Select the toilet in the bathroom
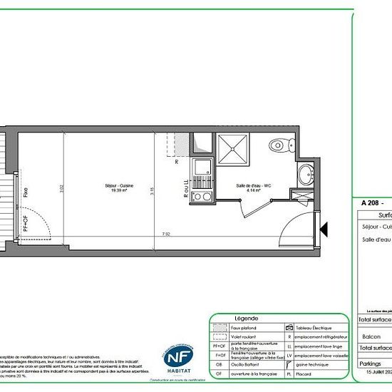279,145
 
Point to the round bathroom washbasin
305,172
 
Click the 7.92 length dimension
165,233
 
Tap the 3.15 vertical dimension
153,191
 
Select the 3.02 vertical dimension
62,191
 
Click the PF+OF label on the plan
26,224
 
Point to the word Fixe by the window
26,192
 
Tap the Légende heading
247,318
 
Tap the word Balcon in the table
371,336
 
